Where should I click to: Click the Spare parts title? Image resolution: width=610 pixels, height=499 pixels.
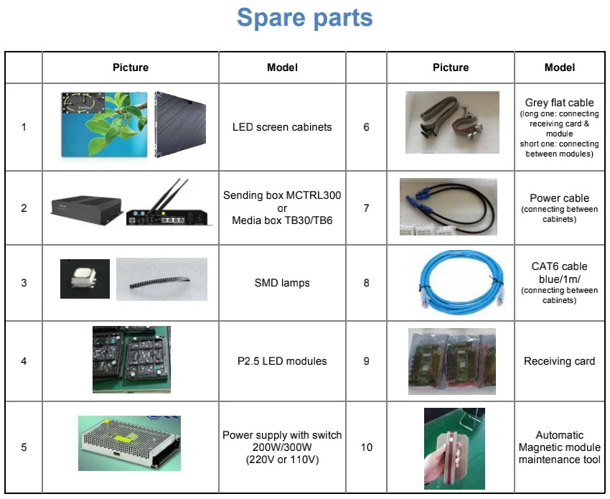pyautogui.click(x=304, y=18)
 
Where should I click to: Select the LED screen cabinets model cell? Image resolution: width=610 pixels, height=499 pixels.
pyautogui.click(x=282, y=127)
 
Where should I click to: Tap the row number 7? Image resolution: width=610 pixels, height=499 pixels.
pyautogui.click(x=366, y=208)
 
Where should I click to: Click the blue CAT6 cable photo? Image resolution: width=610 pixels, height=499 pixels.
pyautogui.click(x=451, y=282)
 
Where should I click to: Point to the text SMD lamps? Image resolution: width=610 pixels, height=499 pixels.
pyautogui.click(x=282, y=283)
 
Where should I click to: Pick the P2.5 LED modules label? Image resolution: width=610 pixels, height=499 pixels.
pyautogui.click(x=282, y=361)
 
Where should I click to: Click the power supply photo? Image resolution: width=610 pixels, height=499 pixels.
pyautogui.click(x=129, y=442)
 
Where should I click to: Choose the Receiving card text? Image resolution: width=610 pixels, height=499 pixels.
pyautogui.click(x=559, y=361)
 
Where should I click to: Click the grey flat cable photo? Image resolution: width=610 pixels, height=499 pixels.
pyautogui.click(x=451, y=122)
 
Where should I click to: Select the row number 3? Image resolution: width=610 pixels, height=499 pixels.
pyautogui.click(x=24, y=283)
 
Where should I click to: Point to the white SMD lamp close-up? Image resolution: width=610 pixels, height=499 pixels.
pyautogui.click(x=85, y=279)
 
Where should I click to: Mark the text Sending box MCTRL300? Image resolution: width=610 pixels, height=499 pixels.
pyautogui.click(x=282, y=195)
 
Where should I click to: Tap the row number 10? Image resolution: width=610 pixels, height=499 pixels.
pyautogui.click(x=366, y=447)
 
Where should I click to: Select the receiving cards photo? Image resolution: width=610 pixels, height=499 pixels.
pyautogui.click(x=451, y=360)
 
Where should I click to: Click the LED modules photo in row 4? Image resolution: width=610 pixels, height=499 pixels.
pyautogui.click(x=131, y=359)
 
